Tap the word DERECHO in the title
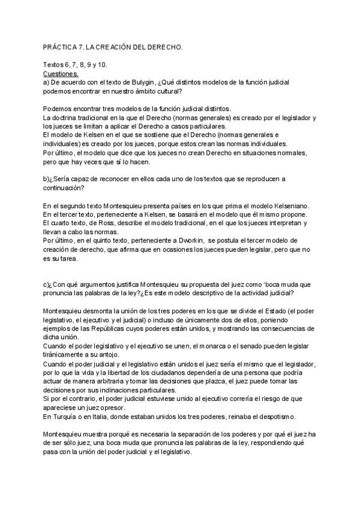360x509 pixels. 163,46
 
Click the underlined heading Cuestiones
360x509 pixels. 61,73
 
